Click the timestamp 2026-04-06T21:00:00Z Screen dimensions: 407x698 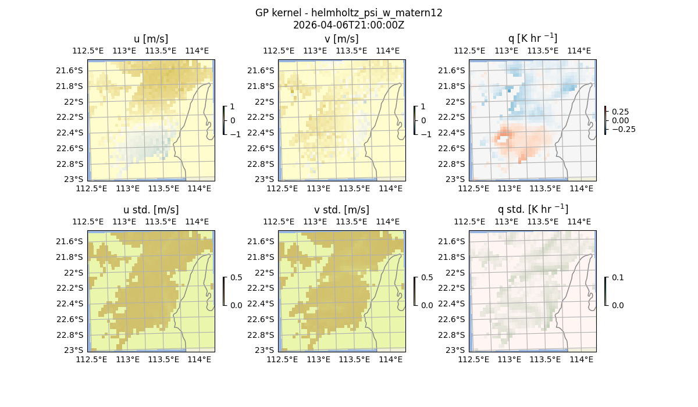click(348, 25)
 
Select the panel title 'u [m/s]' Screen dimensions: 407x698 click(151, 38)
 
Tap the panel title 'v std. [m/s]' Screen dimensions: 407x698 click(341, 209)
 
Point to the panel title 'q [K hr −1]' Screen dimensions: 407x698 click(532, 38)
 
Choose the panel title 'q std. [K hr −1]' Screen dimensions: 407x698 click(532, 209)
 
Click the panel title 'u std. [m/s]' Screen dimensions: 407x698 click(151, 209)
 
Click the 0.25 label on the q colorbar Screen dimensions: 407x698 click(620, 112)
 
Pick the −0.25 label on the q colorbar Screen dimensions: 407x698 click(623, 129)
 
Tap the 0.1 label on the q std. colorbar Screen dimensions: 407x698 click(617, 277)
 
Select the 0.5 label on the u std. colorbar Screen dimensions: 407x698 click(236, 277)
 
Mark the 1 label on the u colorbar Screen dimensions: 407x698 click(233, 107)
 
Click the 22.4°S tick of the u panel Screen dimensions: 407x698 click(73, 133)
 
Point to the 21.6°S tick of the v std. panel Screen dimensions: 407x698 click(263, 241)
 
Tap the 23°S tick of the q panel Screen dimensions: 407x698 click(458, 179)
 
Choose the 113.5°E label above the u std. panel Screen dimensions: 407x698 click(161, 222)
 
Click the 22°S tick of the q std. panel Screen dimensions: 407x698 click(458, 273)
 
